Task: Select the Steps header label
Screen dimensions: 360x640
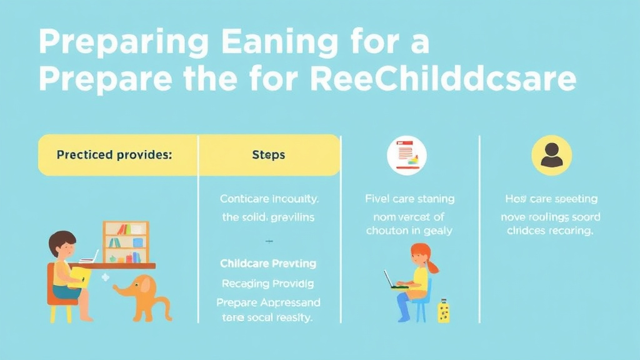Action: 268,154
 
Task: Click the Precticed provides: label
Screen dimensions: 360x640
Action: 114,154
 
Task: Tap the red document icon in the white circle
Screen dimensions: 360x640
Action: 406,155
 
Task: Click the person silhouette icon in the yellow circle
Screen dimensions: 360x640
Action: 551,154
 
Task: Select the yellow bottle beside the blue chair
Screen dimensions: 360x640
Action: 444,311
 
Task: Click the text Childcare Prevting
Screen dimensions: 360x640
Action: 268,263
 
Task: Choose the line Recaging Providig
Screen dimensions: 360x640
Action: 268,283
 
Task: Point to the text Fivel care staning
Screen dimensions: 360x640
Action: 409,199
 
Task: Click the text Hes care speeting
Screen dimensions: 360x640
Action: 551,199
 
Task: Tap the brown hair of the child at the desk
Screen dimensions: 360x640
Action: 62,239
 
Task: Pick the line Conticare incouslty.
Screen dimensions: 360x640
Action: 269,199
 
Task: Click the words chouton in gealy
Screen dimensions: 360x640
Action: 409,231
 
